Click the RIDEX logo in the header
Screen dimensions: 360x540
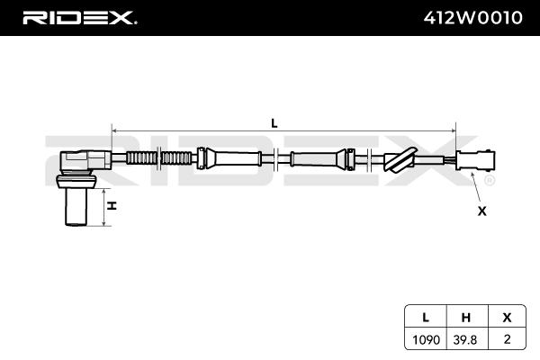tap(79, 17)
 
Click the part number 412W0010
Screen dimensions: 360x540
tap(472, 17)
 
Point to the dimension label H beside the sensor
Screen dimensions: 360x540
tap(112, 206)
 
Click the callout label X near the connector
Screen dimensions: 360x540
tap(481, 211)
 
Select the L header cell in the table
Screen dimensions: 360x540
tap(424, 316)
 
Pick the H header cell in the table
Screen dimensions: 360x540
tap(465, 316)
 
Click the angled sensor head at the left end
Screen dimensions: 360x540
tap(83, 162)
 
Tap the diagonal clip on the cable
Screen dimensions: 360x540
tap(397, 160)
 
